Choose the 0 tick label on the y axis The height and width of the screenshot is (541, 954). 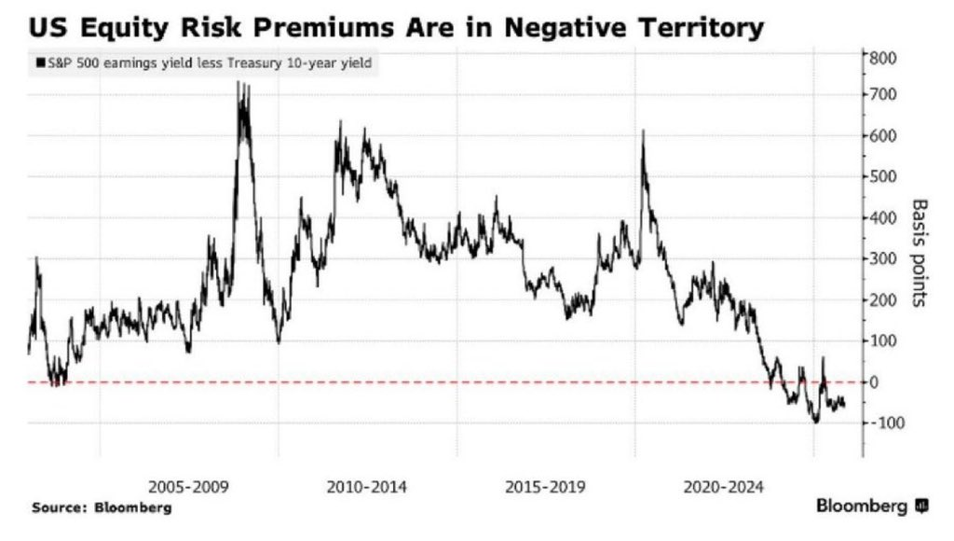click(875, 382)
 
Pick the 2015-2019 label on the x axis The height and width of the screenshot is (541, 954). click(545, 487)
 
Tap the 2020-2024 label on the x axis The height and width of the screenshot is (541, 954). click(725, 487)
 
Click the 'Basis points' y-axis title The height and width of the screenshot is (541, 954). click(920, 254)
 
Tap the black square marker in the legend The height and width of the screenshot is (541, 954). click(39, 63)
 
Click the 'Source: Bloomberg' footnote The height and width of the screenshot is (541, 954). click(102, 508)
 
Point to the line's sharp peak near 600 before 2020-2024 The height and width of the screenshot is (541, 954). click(643, 132)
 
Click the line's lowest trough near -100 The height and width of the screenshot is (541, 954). click(816, 422)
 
